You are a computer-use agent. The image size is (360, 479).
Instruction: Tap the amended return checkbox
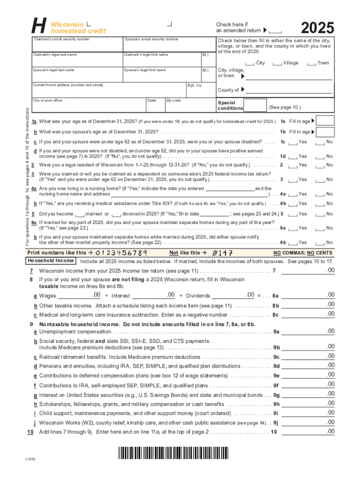276,31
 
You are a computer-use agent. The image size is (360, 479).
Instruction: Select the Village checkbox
277,63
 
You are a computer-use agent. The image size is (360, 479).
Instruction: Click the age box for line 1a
326,120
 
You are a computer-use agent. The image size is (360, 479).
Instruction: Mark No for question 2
320,165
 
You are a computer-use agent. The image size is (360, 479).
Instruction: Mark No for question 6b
320,242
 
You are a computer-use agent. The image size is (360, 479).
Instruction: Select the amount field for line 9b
309,348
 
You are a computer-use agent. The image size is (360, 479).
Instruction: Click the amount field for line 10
309,432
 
